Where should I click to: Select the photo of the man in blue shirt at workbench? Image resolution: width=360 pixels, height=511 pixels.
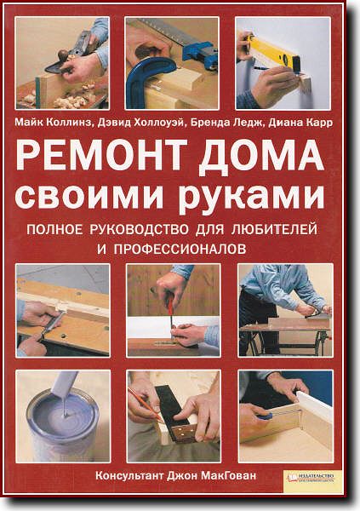284,310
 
